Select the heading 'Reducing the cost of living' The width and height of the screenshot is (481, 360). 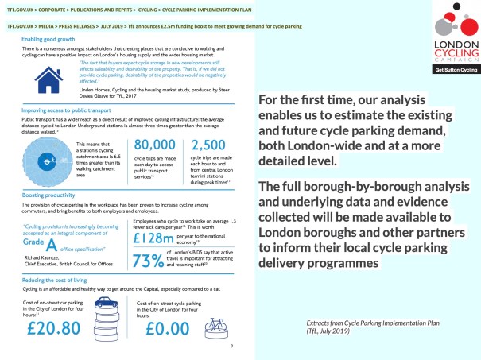pos(58,281)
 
